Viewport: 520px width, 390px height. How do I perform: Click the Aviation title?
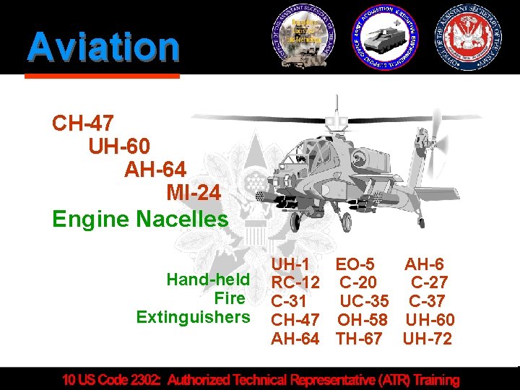(x=103, y=47)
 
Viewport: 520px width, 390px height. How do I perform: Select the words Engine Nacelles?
(x=140, y=218)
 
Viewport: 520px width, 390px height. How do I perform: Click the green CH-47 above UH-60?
(x=82, y=123)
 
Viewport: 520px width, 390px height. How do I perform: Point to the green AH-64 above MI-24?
(x=155, y=170)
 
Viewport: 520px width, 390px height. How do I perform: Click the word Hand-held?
(x=208, y=279)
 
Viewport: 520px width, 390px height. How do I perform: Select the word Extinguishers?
(x=193, y=317)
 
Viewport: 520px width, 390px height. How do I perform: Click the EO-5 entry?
(x=355, y=265)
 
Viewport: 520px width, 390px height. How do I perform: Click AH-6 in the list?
(x=424, y=265)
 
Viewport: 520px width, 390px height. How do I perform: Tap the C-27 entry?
(x=429, y=283)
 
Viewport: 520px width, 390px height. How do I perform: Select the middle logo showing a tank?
(x=386, y=38)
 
